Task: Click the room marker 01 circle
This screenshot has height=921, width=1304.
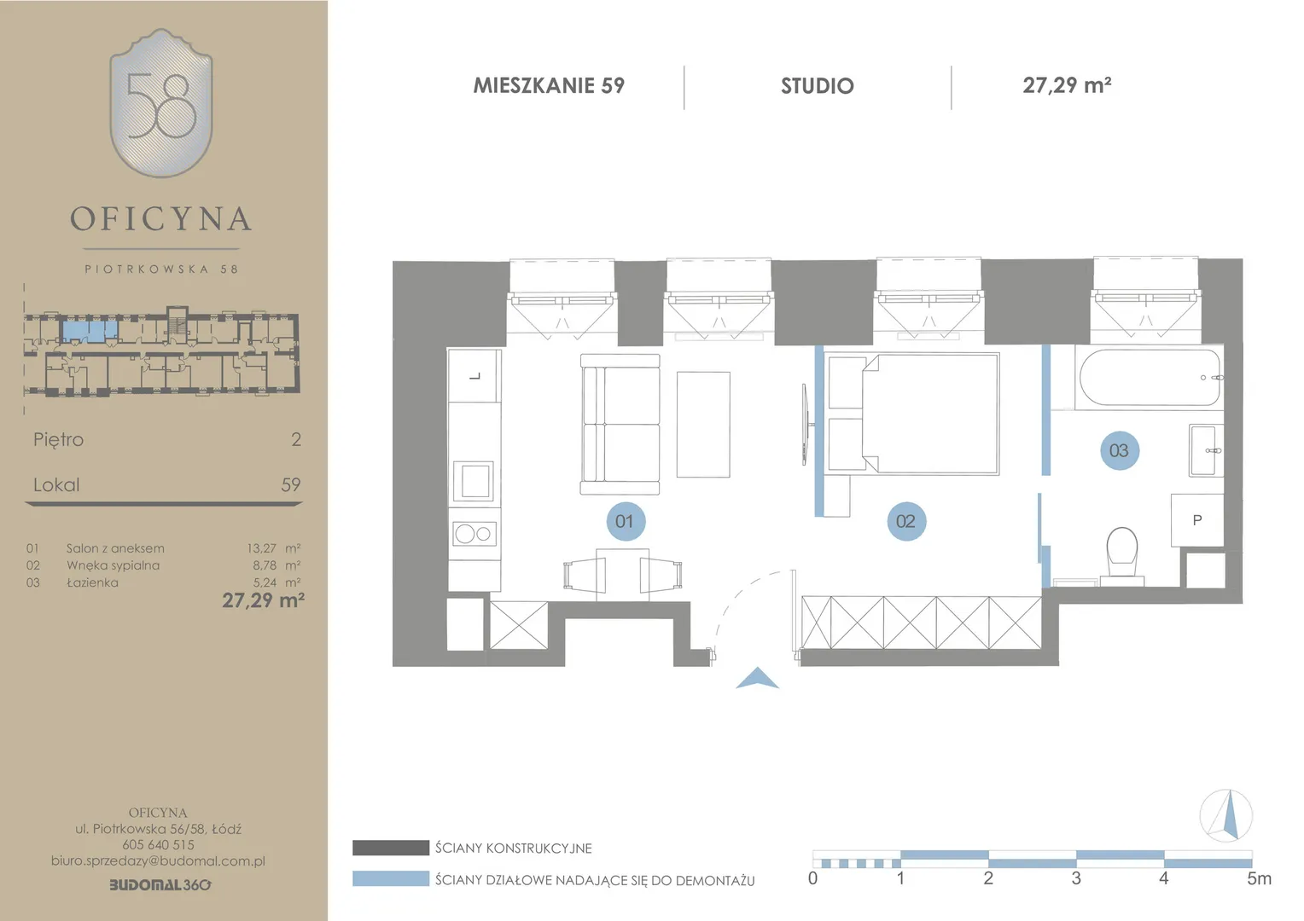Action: [x=626, y=521]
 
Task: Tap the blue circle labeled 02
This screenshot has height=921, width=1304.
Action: [x=906, y=521]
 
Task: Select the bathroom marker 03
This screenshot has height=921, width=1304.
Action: [x=1120, y=450]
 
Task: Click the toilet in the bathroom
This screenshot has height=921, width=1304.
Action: [x=1121, y=556]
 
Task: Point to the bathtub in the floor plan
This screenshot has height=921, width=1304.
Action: [x=1150, y=378]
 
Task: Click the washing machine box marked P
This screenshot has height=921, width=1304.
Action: [x=1196, y=520]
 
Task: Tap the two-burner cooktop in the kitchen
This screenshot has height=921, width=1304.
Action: [x=475, y=534]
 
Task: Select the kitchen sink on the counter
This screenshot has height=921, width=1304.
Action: [x=474, y=482]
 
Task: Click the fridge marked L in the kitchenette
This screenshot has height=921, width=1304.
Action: [x=474, y=375]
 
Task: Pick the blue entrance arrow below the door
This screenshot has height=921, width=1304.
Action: [x=757, y=679]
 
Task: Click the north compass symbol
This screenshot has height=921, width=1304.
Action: [x=1226, y=815]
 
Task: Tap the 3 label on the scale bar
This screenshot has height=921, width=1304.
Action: [x=1076, y=878]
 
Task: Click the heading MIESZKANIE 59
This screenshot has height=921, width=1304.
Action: [x=549, y=85]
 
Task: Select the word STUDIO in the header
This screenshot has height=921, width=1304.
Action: [x=818, y=86]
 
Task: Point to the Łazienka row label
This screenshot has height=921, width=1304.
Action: [x=92, y=582]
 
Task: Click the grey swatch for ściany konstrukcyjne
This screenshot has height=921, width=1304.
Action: [x=391, y=848]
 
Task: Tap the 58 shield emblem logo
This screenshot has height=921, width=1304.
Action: [x=161, y=103]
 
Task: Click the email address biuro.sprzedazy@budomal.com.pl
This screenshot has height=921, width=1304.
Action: [x=159, y=861]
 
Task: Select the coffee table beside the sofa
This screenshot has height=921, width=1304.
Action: [x=703, y=425]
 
